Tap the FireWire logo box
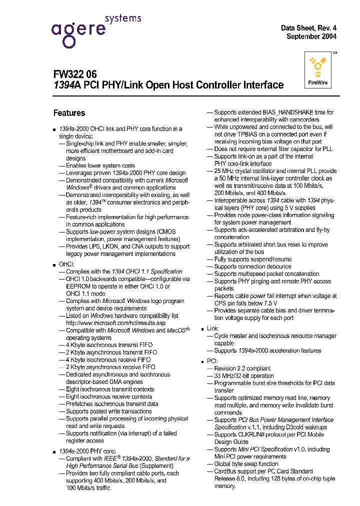318,71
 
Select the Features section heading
69,113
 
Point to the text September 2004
311,36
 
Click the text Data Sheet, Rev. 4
308,28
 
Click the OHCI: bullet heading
66,264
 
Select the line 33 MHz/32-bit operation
244,375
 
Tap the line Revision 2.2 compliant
242,368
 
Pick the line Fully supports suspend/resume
245,259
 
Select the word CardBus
225,471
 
